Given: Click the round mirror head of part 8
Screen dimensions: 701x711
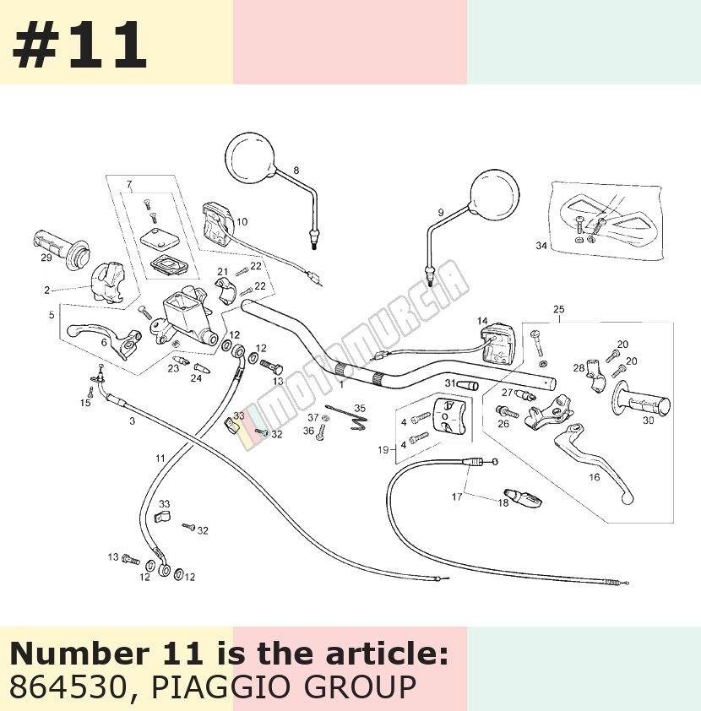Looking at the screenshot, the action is pyautogui.click(x=250, y=158).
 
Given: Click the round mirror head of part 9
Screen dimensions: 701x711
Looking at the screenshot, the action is pyautogui.click(x=494, y=193).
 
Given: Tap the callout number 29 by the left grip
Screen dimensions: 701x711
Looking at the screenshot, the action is pyautogui.click(x=46, y=258).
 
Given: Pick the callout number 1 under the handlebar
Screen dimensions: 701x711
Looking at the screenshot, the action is pyautogui.click(x=341, y=384).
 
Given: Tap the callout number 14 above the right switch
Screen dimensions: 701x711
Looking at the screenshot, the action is pyautogui.click(x=482, y=321).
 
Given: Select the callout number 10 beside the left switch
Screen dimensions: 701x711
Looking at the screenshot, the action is pyautogui.click(x=242, y=222).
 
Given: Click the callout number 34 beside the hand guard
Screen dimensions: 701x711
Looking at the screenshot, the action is pyautogui.click(x=541, y=246).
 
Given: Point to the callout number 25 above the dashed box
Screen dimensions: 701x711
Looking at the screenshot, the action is pyautogui.click(x=559, y=309).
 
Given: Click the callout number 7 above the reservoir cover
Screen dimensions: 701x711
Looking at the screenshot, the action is pyautogui.click(x=129, y=184).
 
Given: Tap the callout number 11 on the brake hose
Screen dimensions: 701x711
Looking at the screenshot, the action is pyautogui.click(x=160, y=459).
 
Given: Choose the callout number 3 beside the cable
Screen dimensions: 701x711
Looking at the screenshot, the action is pyautogui.click(x=132, y=421).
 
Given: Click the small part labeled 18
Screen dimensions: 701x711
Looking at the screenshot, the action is pyautogui.click(x=524, y=497).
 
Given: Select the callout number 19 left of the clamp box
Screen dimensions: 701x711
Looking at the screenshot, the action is pyautogui.click(x=383, y=450).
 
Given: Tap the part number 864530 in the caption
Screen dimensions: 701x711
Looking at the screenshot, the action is pyautogui.click(x=67, y=687).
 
